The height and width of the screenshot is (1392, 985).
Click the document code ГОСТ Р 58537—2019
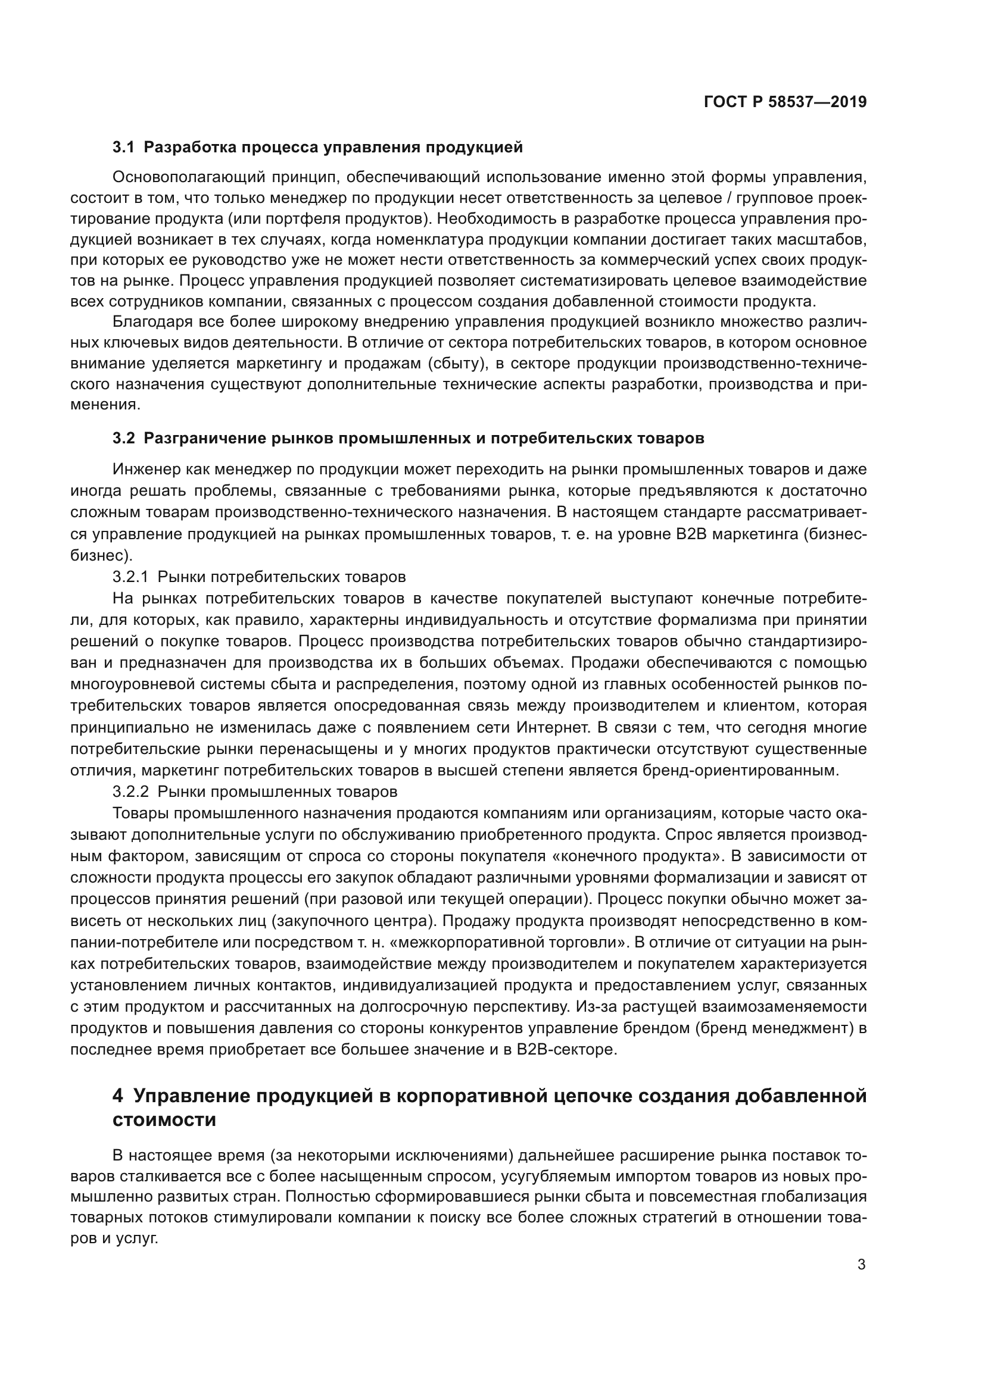pos(785,102)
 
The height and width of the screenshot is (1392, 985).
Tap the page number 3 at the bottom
pos(861,1265)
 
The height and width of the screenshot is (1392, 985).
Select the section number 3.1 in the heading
pos(123,148)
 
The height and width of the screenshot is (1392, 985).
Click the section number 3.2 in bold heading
pos(123,439)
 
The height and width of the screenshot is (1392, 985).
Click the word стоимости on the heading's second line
pos(164,1121)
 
